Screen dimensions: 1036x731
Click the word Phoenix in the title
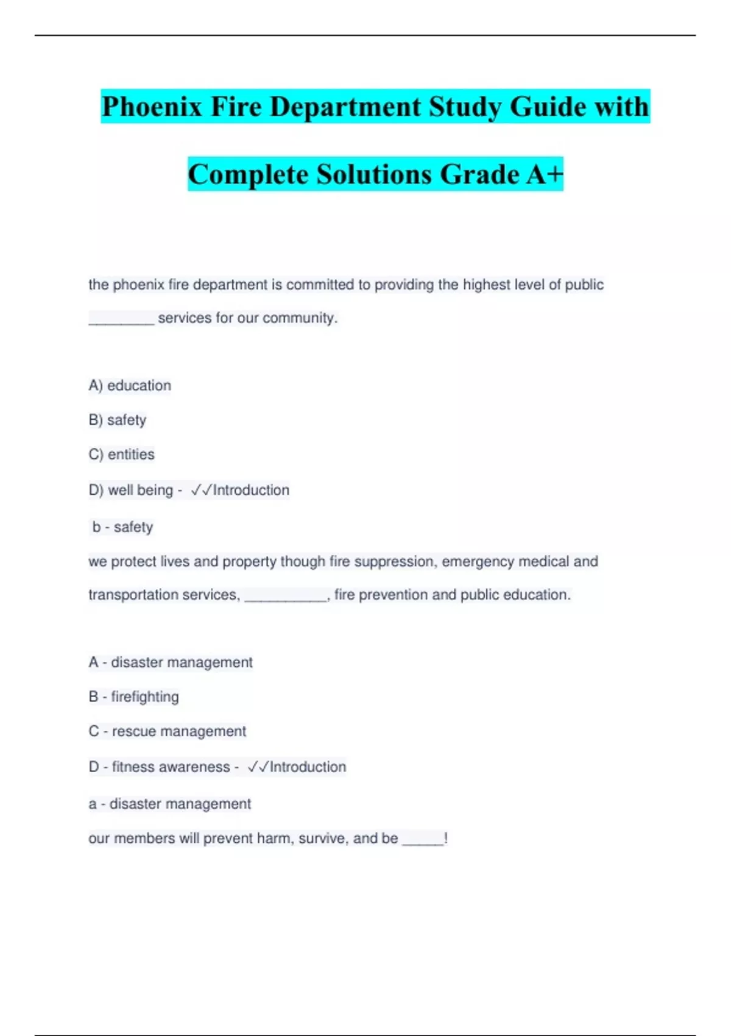pyautogui.click(x=152, y=107)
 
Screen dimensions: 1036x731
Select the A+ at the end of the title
pyautogui.click(x=545, y=174)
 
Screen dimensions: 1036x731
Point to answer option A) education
pyautogui.click(x=130, y=386)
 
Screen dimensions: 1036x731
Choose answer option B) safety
pyautogui.click(x=118, y=420)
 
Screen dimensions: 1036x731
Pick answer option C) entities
pyautogui.click(x=122, y=455)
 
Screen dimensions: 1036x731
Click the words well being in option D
pyautogui.click(x=140, y=490)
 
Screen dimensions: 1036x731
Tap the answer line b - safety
pyautogui.click(x=122, y=527)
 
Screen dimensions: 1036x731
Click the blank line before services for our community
pyautogui.click(x=121, y=319)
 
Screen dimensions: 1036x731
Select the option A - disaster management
pyautogui.click(x=171, y=662)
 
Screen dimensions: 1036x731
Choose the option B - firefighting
pyautogui.click(x=134, y=697)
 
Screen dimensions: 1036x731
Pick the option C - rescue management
pyautogui.click(x=168, y=731)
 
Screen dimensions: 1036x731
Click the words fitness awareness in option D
pyautogui.click(x=171, y=767)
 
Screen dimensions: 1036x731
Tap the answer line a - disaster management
pyautogui.click(x=170, y=804)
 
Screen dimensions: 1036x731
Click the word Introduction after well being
pyautogui.click(x=251, y=490)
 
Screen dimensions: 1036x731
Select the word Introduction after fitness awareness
pyautogui.click(x=308, y=767)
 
